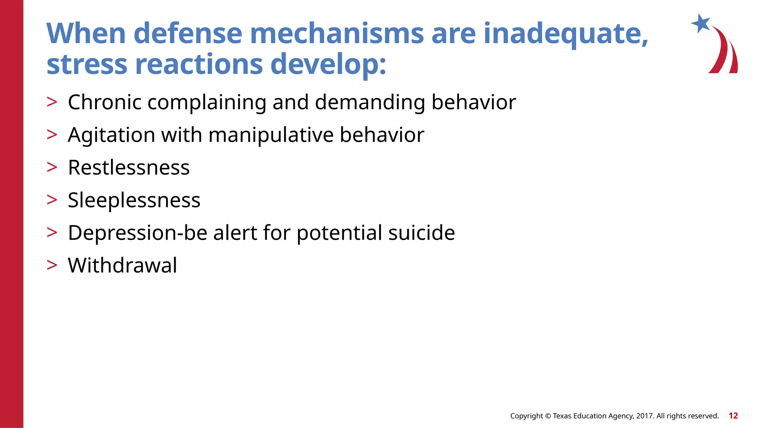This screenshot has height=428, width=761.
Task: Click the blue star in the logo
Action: tap(700, 23)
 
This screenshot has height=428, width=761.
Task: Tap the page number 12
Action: tap(733, 416)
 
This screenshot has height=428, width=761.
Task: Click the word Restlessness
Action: tap(129, 168)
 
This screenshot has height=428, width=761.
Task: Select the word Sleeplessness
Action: tap(134, 200)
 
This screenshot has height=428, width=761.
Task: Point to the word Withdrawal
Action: tap(122, 266)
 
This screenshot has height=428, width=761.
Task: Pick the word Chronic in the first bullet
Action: tap(104, 102)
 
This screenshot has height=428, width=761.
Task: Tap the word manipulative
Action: tap(271, 135)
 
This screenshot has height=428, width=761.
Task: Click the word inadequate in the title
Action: tap(566, 33)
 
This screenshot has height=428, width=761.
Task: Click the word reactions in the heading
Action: tap(199, 64)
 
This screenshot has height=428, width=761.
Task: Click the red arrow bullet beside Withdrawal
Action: tap(52, 265)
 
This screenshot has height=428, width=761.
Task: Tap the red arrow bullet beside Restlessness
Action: tap(52, 167)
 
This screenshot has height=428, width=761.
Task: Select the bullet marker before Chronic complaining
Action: tap(52, 102)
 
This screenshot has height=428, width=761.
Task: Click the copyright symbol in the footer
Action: tap(548, 416)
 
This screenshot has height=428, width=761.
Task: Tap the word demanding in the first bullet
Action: tap(370, 103)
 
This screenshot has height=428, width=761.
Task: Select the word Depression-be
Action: tap(137, 233)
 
